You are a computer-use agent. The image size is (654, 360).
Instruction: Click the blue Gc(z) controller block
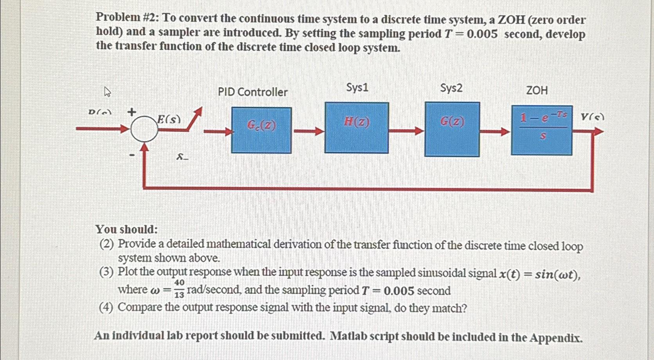click(x=261, y=130)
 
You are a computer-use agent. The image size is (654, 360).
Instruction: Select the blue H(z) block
click(x=357, y=128)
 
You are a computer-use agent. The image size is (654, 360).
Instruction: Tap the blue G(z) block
click(x=452, y=129)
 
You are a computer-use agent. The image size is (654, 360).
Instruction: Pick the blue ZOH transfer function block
click(x=542, y=130)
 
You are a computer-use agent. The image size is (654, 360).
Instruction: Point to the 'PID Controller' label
click(x=252, y=92)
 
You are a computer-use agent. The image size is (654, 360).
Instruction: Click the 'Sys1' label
click(x=357, y=87)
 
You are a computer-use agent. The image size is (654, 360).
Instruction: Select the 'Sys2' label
click(x=451, y=88)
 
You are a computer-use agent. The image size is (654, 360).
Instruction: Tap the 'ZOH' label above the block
click(x=537, y=90)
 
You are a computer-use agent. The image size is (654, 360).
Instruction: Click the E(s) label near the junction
click(x=169, y=119)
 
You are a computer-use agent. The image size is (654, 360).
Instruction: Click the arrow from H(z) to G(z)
click(x=407, y=131)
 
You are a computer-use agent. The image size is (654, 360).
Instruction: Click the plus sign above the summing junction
click(x=132, y=112)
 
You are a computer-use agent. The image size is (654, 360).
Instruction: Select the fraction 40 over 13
click(x=179, y=288)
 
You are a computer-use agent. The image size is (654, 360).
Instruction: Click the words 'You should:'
click(x=126, y=229)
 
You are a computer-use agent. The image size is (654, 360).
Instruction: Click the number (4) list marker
click(x=106, y=307)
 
